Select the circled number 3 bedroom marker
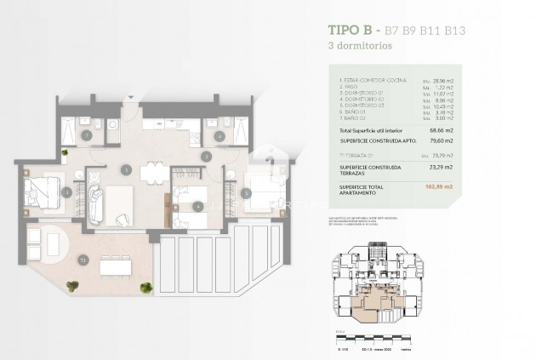point(66,193)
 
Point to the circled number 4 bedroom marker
point(197,205)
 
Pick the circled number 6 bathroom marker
point(219,135)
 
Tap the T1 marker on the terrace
point(83,259)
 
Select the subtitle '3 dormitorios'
point(363,48)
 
